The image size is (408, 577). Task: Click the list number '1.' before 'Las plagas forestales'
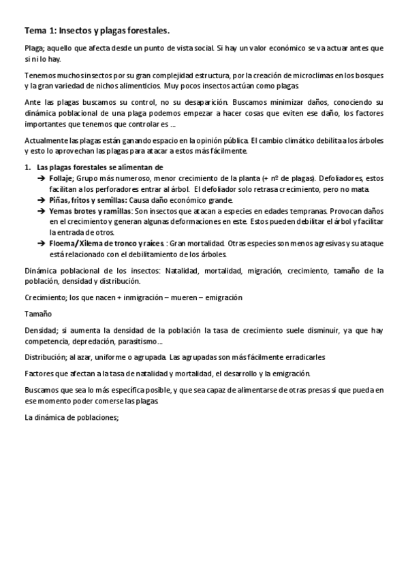point(28,167)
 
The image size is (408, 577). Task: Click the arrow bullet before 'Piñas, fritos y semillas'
point(42,200)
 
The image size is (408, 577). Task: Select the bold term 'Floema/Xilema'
point(82,244)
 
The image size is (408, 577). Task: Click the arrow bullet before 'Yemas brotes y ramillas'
point(42,212)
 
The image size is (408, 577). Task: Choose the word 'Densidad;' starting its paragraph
point(42,331)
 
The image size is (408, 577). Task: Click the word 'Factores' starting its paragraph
point(40,374)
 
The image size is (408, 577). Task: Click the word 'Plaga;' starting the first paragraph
point(35,49)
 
